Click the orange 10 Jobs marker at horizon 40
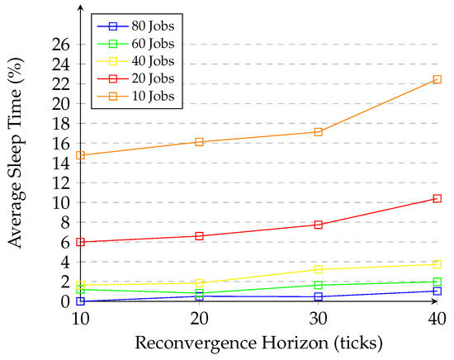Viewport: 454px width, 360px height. (x=437, y=79)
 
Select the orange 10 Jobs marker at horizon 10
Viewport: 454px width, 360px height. (x=80, y=155)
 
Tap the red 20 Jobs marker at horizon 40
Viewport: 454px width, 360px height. (x=437, y=198)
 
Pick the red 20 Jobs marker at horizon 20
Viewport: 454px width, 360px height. (x=199, y=236)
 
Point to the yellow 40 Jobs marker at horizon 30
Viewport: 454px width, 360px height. (x=319, y=269)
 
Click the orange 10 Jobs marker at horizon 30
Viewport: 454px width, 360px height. (x=319, y=132)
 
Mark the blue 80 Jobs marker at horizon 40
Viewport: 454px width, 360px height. (x=437, y=291)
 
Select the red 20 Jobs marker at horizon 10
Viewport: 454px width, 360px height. (x=80, y=242)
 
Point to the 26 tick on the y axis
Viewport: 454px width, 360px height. (x=61, y=45)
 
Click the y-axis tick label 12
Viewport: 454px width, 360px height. (x=61, y=183)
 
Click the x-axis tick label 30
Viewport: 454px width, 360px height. (x=319, y=318)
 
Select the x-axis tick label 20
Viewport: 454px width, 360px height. (x=199, y=318)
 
